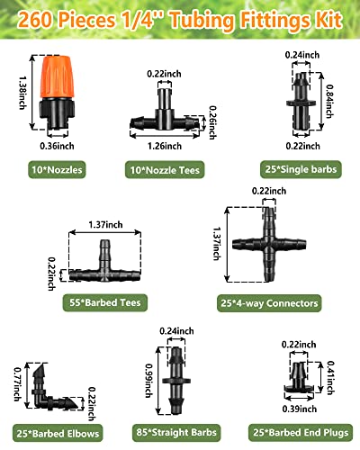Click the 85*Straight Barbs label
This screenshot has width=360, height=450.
[x=175, y=433]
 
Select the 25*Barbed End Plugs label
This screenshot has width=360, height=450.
[x=297, y=433]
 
